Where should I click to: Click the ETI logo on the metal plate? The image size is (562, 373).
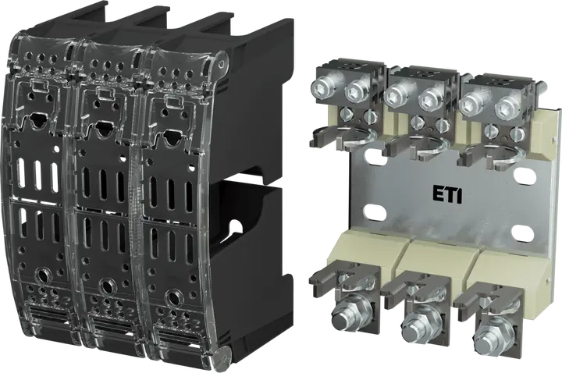(447, 196)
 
